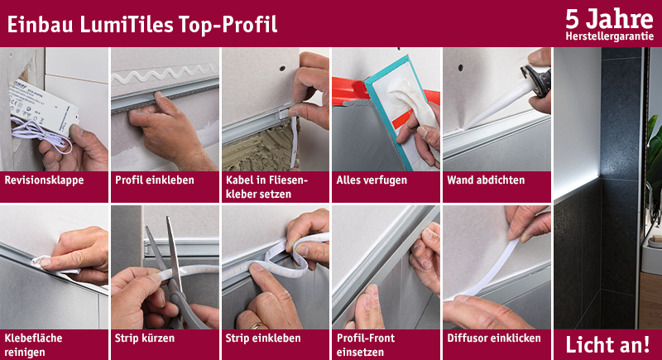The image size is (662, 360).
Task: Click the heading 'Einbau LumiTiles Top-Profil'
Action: pyautogui.click(x=142, y=24)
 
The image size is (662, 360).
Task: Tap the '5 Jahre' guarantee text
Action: pyautogui.click(x=609, y=19)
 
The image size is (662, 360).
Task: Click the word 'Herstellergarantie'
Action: pyautogui.click(x=610, y=36)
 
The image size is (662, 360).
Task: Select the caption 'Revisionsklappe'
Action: pyautogui.click(x=44, y=180)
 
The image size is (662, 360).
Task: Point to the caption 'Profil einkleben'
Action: pyautogui.click(x=155, y=180)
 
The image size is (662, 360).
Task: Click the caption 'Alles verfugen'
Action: pyautogui.click(x=372, y=180)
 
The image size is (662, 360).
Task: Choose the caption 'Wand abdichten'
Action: pyautogui.click(x=486, y=180)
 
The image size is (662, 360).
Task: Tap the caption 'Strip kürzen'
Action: pyautogui.click(x=144, y=338)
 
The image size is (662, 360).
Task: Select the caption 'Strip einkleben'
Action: pyautogui.click(x=263, y=338)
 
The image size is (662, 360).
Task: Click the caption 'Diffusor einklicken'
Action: pyautogui.click(x=494, y=338)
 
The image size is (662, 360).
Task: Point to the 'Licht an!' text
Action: pyautogui.click(x=607, y=345)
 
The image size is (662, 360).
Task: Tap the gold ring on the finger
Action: pyautogui.click(x=257, y=326)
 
